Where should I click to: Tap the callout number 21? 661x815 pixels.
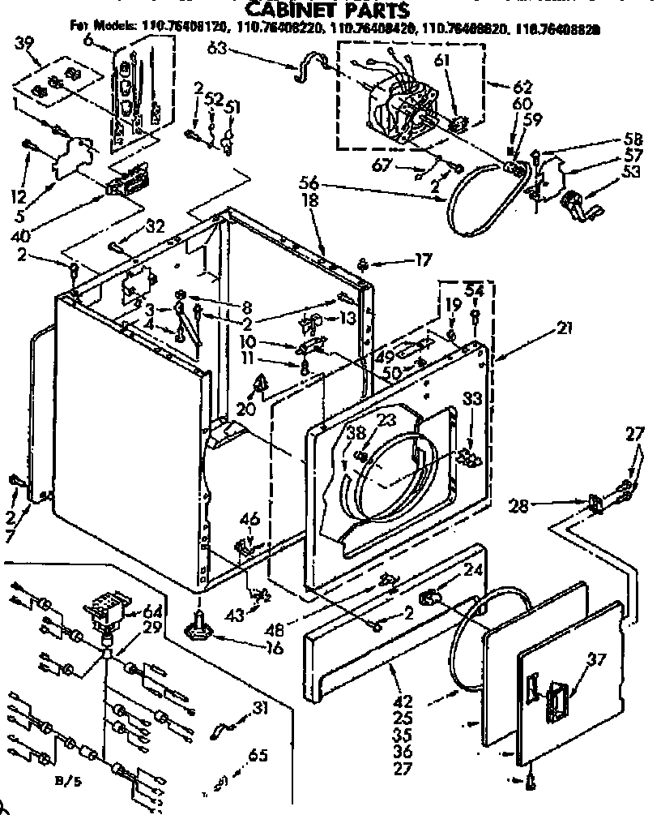565,328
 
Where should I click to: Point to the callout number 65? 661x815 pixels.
258,757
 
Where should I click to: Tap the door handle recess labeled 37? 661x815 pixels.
558,697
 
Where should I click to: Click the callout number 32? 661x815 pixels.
155,226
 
